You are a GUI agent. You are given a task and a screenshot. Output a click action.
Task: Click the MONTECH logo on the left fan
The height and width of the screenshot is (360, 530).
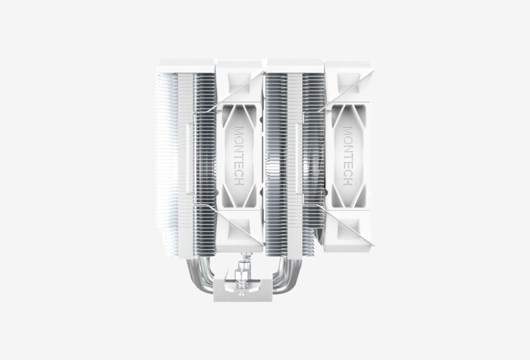pos(239,156)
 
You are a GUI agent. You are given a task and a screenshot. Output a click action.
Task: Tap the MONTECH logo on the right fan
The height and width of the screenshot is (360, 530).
pos(348,156)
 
